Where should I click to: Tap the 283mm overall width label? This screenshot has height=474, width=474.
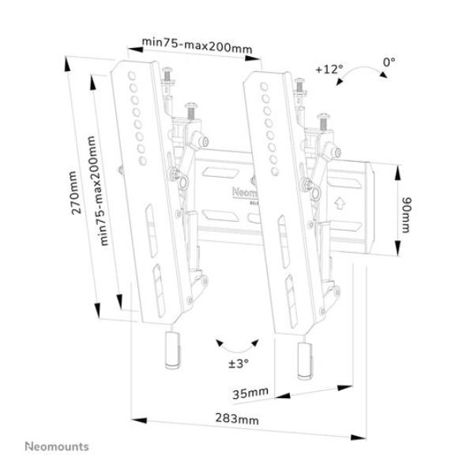click(236, 419)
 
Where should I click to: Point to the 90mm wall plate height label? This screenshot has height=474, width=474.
click(405, 214)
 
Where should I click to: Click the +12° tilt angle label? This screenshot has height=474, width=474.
click(329, 69)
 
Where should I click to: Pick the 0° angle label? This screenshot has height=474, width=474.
click(389, 61)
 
